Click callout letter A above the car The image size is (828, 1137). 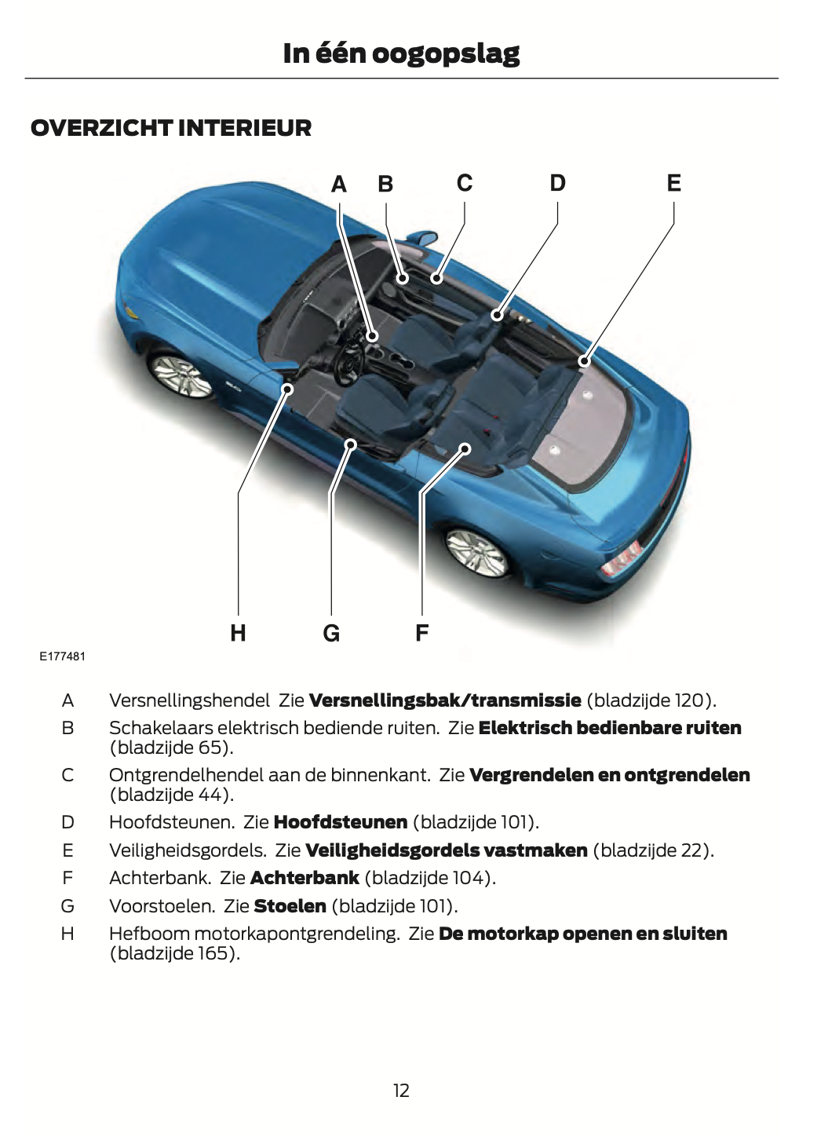(x=339, y=185)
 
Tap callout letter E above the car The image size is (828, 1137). (x=673, y=183)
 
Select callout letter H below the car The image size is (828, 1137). (x=238, y=633)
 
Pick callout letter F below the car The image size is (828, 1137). (x=421, y=633)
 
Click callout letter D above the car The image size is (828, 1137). (x=557, y=183)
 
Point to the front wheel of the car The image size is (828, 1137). (x=181, y=376)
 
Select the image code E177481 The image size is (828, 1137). (x=63, y=656)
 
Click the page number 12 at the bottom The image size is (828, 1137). (x=401, y=1090)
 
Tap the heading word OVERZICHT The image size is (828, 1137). (x=101, y=128)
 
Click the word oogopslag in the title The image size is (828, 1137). (x=445, y=53)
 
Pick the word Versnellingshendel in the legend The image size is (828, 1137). (x=189, y=700)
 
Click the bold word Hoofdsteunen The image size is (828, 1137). (x=341, y=822)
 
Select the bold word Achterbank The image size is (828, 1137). (x=305, y=878)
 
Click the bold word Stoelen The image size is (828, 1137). (x=290, y=906)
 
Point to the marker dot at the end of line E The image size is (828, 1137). (x=584, y=361)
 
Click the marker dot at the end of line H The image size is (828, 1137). (x=288, y=389)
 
